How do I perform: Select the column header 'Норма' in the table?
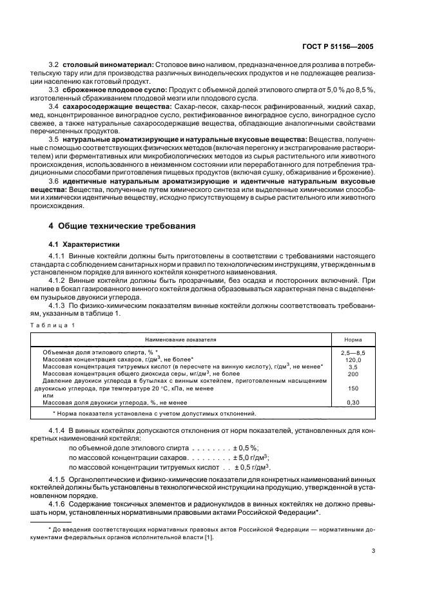click(x=353, y=338)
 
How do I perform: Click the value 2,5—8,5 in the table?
click(x=353, y=353)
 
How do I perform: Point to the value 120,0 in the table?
click(x=353, y=359)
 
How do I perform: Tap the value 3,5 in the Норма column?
click(x=353, y=367)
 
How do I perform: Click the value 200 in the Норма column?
click(x=353, y=374)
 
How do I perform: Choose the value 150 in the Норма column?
click(x=353, y=388)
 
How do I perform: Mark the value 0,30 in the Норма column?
click(x=353, y=403)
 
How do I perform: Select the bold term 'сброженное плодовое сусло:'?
click(x=112, y=90)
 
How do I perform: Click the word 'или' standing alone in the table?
click(x=46, y=396)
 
